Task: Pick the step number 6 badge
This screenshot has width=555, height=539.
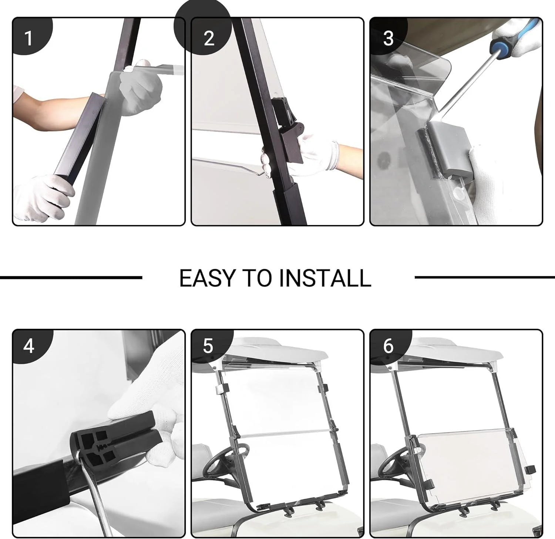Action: pos(388,346)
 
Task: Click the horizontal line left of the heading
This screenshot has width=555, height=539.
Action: pos(71,277)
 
